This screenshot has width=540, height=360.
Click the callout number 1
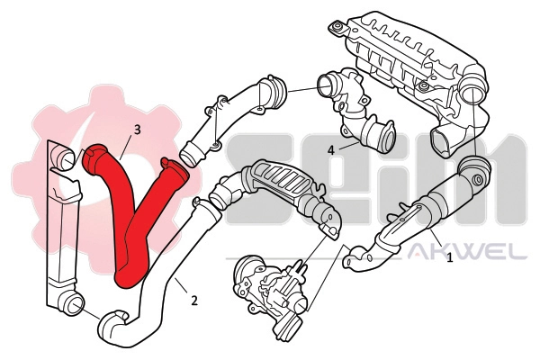pos(449,258)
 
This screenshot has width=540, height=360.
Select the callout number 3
pos(137,130)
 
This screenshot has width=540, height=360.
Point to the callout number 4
pos(332,148)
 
